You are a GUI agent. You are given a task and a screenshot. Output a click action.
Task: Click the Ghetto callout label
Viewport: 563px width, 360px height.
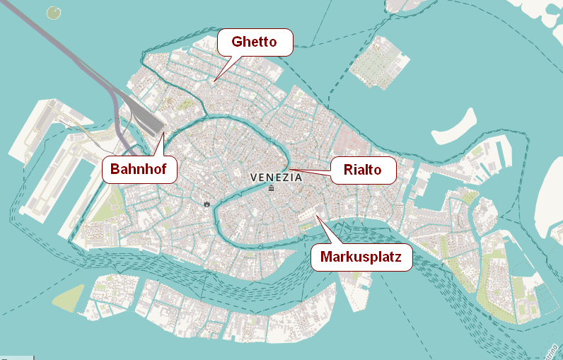click(x=254, y=42)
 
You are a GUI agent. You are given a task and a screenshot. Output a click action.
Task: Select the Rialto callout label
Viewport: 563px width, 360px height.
click(x=362, y=170)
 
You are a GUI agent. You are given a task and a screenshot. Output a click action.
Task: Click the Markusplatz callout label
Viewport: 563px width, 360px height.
click(x=361, y=257)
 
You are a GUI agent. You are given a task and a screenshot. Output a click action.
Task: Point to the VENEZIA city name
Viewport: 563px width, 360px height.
click(x=277, y=177)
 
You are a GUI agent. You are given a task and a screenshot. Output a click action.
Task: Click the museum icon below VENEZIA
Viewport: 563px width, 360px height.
click(x=271, y=188)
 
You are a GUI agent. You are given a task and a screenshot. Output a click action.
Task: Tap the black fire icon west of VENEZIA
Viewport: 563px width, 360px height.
click(x=207, y=204)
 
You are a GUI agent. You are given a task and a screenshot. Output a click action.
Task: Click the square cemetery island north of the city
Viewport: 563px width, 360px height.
click(x=375, y=64)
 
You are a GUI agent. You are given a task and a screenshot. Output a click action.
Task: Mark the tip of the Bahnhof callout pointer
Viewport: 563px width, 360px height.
click(x=163, y=132)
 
